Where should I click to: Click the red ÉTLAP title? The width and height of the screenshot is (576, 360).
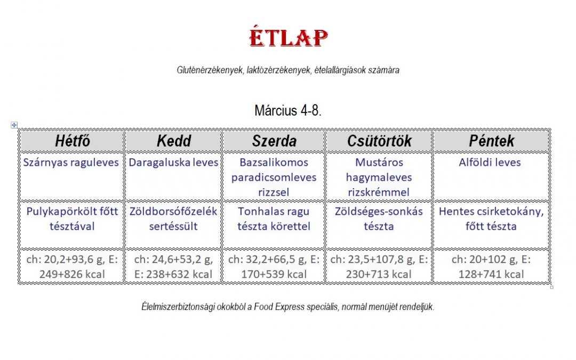pos(289,37)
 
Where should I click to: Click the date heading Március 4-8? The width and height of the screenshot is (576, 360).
pos(288,110)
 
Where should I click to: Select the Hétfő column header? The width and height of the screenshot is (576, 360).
pos(73,141)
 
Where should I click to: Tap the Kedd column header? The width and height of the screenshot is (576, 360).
pos(174,141)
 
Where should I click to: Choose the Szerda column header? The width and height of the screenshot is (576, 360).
pos(274,141)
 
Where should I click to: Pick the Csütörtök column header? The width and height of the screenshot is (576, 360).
pos(379,141)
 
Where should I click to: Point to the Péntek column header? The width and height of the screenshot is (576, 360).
pos(492,141)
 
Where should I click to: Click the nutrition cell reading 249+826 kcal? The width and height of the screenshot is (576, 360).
pos(73,267)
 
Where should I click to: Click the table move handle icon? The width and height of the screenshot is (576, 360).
pos(14,125)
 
